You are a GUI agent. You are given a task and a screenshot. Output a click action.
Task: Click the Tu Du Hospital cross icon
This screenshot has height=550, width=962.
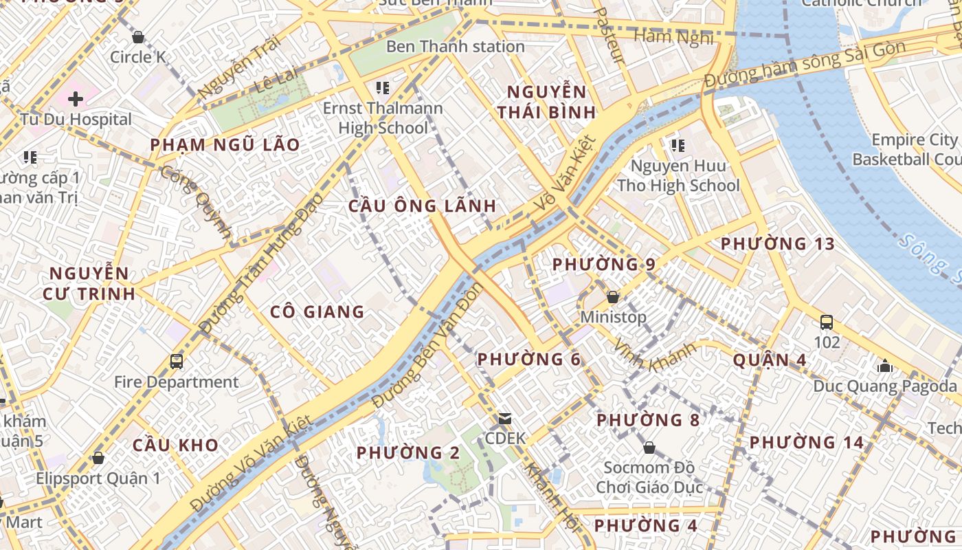coord(76,99)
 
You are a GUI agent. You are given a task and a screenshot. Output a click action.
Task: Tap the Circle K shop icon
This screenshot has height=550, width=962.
coord(138,37)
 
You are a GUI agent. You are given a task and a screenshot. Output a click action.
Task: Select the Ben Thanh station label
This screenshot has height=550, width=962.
coord(455,47)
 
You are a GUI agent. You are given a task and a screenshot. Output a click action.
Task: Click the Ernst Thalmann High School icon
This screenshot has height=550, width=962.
coord(383,88)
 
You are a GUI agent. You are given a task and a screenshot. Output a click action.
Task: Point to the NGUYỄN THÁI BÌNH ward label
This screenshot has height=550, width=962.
coord(547,102)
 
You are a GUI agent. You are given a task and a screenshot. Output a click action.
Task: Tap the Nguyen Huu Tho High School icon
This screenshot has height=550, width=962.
coord(678,146)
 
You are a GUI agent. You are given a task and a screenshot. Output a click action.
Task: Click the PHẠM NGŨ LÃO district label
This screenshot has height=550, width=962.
coord(225,144)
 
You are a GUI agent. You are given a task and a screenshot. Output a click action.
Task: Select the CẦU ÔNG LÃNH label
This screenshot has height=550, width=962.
coord(422,206)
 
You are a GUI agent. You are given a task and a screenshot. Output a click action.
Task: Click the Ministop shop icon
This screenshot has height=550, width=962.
coord(613,297)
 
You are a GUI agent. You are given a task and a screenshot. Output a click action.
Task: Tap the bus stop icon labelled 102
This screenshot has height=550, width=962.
coord(827,322)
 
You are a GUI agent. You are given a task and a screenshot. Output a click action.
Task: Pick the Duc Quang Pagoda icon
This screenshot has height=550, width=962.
coord(885,366)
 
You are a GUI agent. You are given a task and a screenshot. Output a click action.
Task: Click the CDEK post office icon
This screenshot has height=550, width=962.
coord(505,418)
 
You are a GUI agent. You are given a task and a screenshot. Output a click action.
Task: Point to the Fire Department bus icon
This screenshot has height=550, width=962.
coord(177,361)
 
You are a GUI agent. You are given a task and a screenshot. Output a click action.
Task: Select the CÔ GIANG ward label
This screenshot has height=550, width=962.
coord(317,312)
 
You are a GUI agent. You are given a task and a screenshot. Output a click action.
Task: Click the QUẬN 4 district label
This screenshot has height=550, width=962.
coord(770,360)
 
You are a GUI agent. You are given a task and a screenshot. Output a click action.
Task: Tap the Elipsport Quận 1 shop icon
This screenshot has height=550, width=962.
coord(98,458)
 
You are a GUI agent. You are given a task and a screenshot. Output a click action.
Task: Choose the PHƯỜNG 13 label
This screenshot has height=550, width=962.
coord(777,243)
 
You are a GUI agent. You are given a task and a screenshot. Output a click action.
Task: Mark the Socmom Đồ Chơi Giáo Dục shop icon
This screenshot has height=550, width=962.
coord(649,448)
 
